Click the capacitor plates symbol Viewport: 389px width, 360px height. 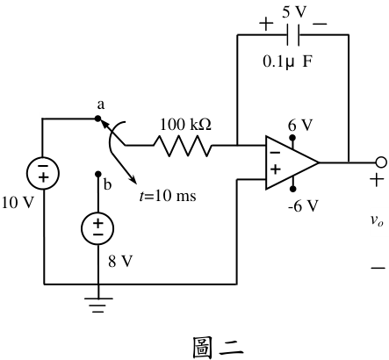point(293,35)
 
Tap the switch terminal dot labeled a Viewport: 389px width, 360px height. point(97,119)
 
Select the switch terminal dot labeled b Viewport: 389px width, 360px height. point(98,174)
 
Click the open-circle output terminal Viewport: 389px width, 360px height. point(381,162)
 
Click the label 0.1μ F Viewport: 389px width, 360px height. point(288,61)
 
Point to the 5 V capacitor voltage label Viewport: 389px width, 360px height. point(294,12)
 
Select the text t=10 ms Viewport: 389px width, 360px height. point(168,196)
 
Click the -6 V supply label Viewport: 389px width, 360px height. point(303,206)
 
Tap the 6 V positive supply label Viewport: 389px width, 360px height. point(300,126)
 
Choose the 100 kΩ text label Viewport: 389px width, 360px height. point(185,124)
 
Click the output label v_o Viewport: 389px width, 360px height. point(377,220)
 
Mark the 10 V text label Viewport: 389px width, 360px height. point(18,203)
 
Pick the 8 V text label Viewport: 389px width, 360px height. point(120,261)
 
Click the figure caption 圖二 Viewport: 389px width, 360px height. point(218,348)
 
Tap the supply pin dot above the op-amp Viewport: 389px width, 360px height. point(292,138)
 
